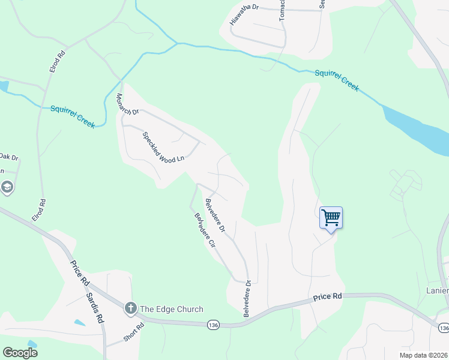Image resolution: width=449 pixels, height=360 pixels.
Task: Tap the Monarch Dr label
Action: click(x=127, y=104)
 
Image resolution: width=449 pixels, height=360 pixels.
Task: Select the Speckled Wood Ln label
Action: click(x=163, y=148)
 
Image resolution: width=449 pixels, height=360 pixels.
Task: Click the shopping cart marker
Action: click(x=331, y=218)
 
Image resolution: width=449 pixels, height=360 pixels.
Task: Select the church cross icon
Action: click(x=130, y=309)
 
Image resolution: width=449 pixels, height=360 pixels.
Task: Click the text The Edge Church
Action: click(x=172, y=310)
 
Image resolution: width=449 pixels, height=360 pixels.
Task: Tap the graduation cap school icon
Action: click(x=7, y=188)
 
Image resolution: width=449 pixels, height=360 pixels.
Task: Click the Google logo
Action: click(x=20, y=353)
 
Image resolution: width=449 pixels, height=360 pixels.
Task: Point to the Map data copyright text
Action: click(x=423, y=355)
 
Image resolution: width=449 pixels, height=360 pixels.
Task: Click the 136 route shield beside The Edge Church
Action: click(x=212, y=325)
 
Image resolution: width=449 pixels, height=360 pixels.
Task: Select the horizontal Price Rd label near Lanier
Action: click(x=327, y=296)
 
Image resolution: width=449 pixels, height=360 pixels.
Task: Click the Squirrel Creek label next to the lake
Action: click(x=337, y=80)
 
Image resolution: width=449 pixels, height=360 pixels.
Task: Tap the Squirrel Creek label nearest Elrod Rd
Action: click(x=73, y=116)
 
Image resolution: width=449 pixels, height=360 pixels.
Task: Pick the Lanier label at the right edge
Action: click(x=436, y=291)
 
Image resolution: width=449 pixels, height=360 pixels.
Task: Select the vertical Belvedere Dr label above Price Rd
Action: click(x=246, y=298)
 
